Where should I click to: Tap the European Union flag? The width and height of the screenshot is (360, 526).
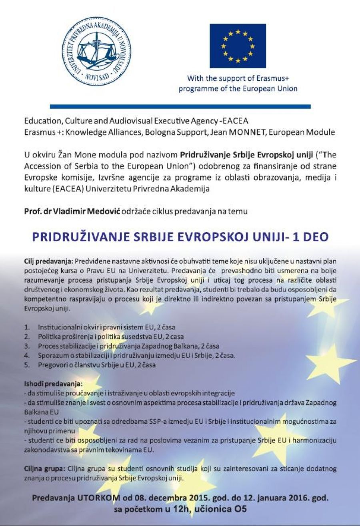tap(238, 46)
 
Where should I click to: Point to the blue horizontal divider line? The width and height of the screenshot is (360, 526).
tap(180, 107)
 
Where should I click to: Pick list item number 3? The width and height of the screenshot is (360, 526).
tap(27, 346)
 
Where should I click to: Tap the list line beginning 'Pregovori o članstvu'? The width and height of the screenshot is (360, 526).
tap(97, 365)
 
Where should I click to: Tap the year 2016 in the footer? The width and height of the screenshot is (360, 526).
tap(295, 498)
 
